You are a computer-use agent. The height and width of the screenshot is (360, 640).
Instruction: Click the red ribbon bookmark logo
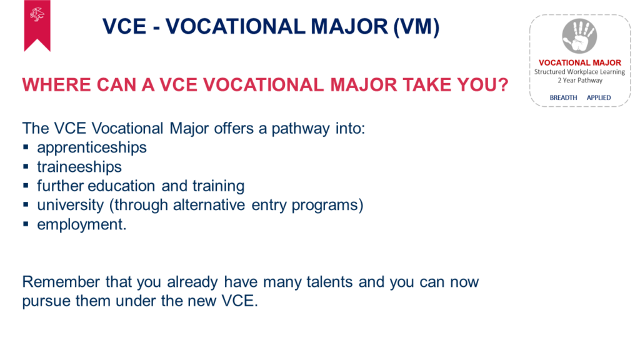[x=37, y=24]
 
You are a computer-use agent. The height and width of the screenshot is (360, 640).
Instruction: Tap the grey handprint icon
[x=579, y=36]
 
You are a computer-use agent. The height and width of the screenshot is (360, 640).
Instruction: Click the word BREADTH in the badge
[x=563, y=97]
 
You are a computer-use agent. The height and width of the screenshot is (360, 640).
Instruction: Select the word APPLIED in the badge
[x=599, y=97]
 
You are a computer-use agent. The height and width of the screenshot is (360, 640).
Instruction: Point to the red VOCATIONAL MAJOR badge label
[x=580, y=62]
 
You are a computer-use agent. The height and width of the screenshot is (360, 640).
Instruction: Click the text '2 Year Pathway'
[x=580, y=81]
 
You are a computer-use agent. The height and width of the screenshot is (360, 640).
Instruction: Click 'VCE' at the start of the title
[x=124, y=27]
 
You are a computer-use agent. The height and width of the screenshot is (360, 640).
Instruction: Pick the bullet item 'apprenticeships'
[x=92, y=147]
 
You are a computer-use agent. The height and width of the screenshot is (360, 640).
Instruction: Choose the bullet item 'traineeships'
[x=79, y=167]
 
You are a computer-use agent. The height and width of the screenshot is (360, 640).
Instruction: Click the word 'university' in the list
[x=70, y=205]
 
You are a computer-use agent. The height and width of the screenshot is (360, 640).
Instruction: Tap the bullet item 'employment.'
[x=82, y=224]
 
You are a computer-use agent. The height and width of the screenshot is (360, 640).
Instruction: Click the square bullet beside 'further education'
[x=26, y=186]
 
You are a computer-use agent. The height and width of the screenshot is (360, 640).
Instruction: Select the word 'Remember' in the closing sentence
[x=61, y=282]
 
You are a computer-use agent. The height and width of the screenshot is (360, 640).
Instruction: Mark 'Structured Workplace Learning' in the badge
[x=579, y=72]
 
